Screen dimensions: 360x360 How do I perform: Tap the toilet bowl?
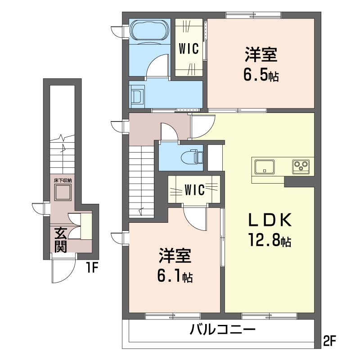[x=192, y=157]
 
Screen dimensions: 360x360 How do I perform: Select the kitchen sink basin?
[x=265, y=167]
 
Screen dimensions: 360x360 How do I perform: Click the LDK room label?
[x=270, y=220]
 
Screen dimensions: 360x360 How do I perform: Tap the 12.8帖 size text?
[x=270, y=240]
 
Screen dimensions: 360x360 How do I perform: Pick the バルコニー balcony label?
[x=222, y=330]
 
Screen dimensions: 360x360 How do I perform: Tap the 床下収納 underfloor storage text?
[x=63, y=180]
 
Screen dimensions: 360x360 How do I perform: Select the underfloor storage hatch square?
[x=63, y=192]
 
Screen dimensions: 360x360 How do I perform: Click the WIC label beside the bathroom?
[x=189, y=49]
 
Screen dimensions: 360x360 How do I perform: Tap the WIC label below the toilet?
[x=194, y=190]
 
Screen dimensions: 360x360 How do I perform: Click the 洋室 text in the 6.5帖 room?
[x=261, y=54]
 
